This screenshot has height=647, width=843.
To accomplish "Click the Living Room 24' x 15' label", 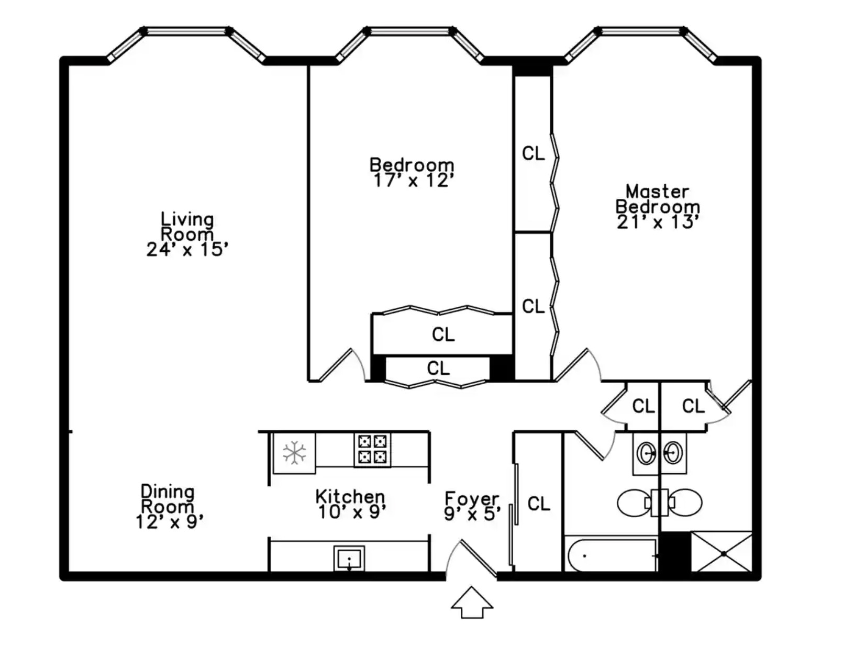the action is point(187,235).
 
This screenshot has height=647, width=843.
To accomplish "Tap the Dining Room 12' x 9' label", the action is point(169,507).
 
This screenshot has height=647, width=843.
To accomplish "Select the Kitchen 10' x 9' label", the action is point(350,504).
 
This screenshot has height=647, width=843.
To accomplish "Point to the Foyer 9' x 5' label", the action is point(472,506).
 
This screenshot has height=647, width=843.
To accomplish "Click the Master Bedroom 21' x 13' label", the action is point(658,207).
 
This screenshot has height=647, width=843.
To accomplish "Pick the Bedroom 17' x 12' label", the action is point(412,173).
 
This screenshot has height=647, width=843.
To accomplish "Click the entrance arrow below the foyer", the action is point(472,601).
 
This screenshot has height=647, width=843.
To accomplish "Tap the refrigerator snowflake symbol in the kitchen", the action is point(294,452).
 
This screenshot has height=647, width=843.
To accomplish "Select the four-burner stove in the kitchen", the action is point(372,449).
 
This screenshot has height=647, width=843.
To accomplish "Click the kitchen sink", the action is point(349,558).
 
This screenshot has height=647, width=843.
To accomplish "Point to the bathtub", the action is point(611,555).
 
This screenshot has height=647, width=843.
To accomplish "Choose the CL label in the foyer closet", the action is point(539,504).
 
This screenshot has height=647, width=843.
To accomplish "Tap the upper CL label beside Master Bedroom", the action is point(534,153).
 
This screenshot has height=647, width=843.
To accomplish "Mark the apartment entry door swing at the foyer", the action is point(471,558).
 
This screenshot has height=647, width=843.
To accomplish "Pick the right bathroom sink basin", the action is point(673,453).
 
